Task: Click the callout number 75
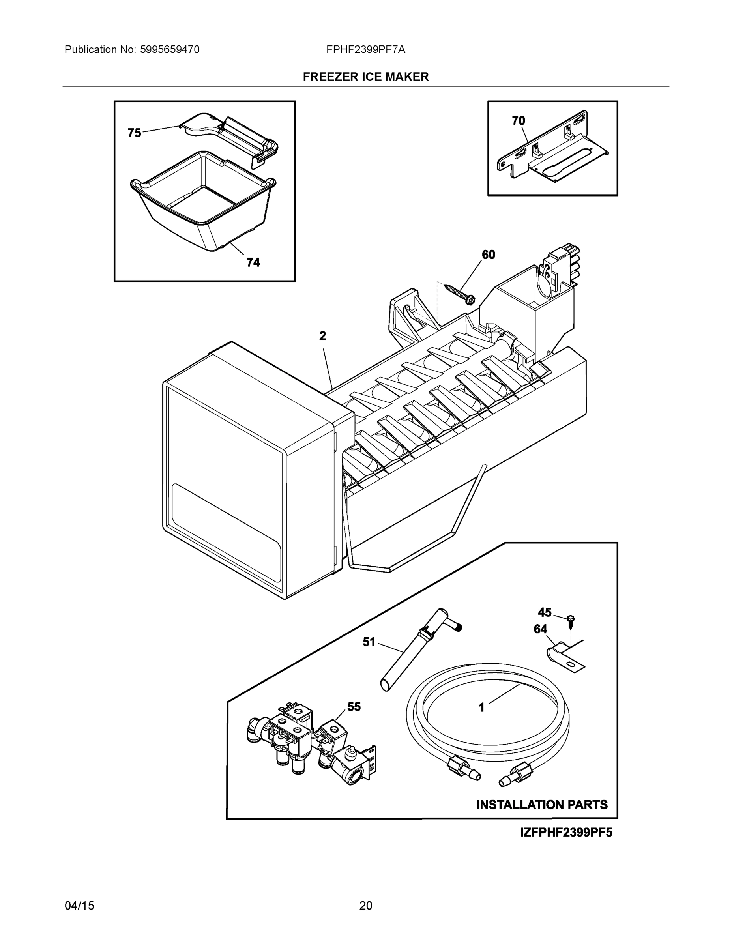134,133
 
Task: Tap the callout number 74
253,262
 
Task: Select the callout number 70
518,121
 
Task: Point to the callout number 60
488,255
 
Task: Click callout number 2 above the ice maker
322,336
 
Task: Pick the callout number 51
369,642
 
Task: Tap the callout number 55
354,707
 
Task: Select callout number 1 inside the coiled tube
481,707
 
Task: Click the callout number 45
545,612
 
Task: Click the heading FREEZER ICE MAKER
365,77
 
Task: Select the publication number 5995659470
170,50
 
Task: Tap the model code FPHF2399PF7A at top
365,50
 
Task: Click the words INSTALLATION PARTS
542,805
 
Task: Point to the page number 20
365,906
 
